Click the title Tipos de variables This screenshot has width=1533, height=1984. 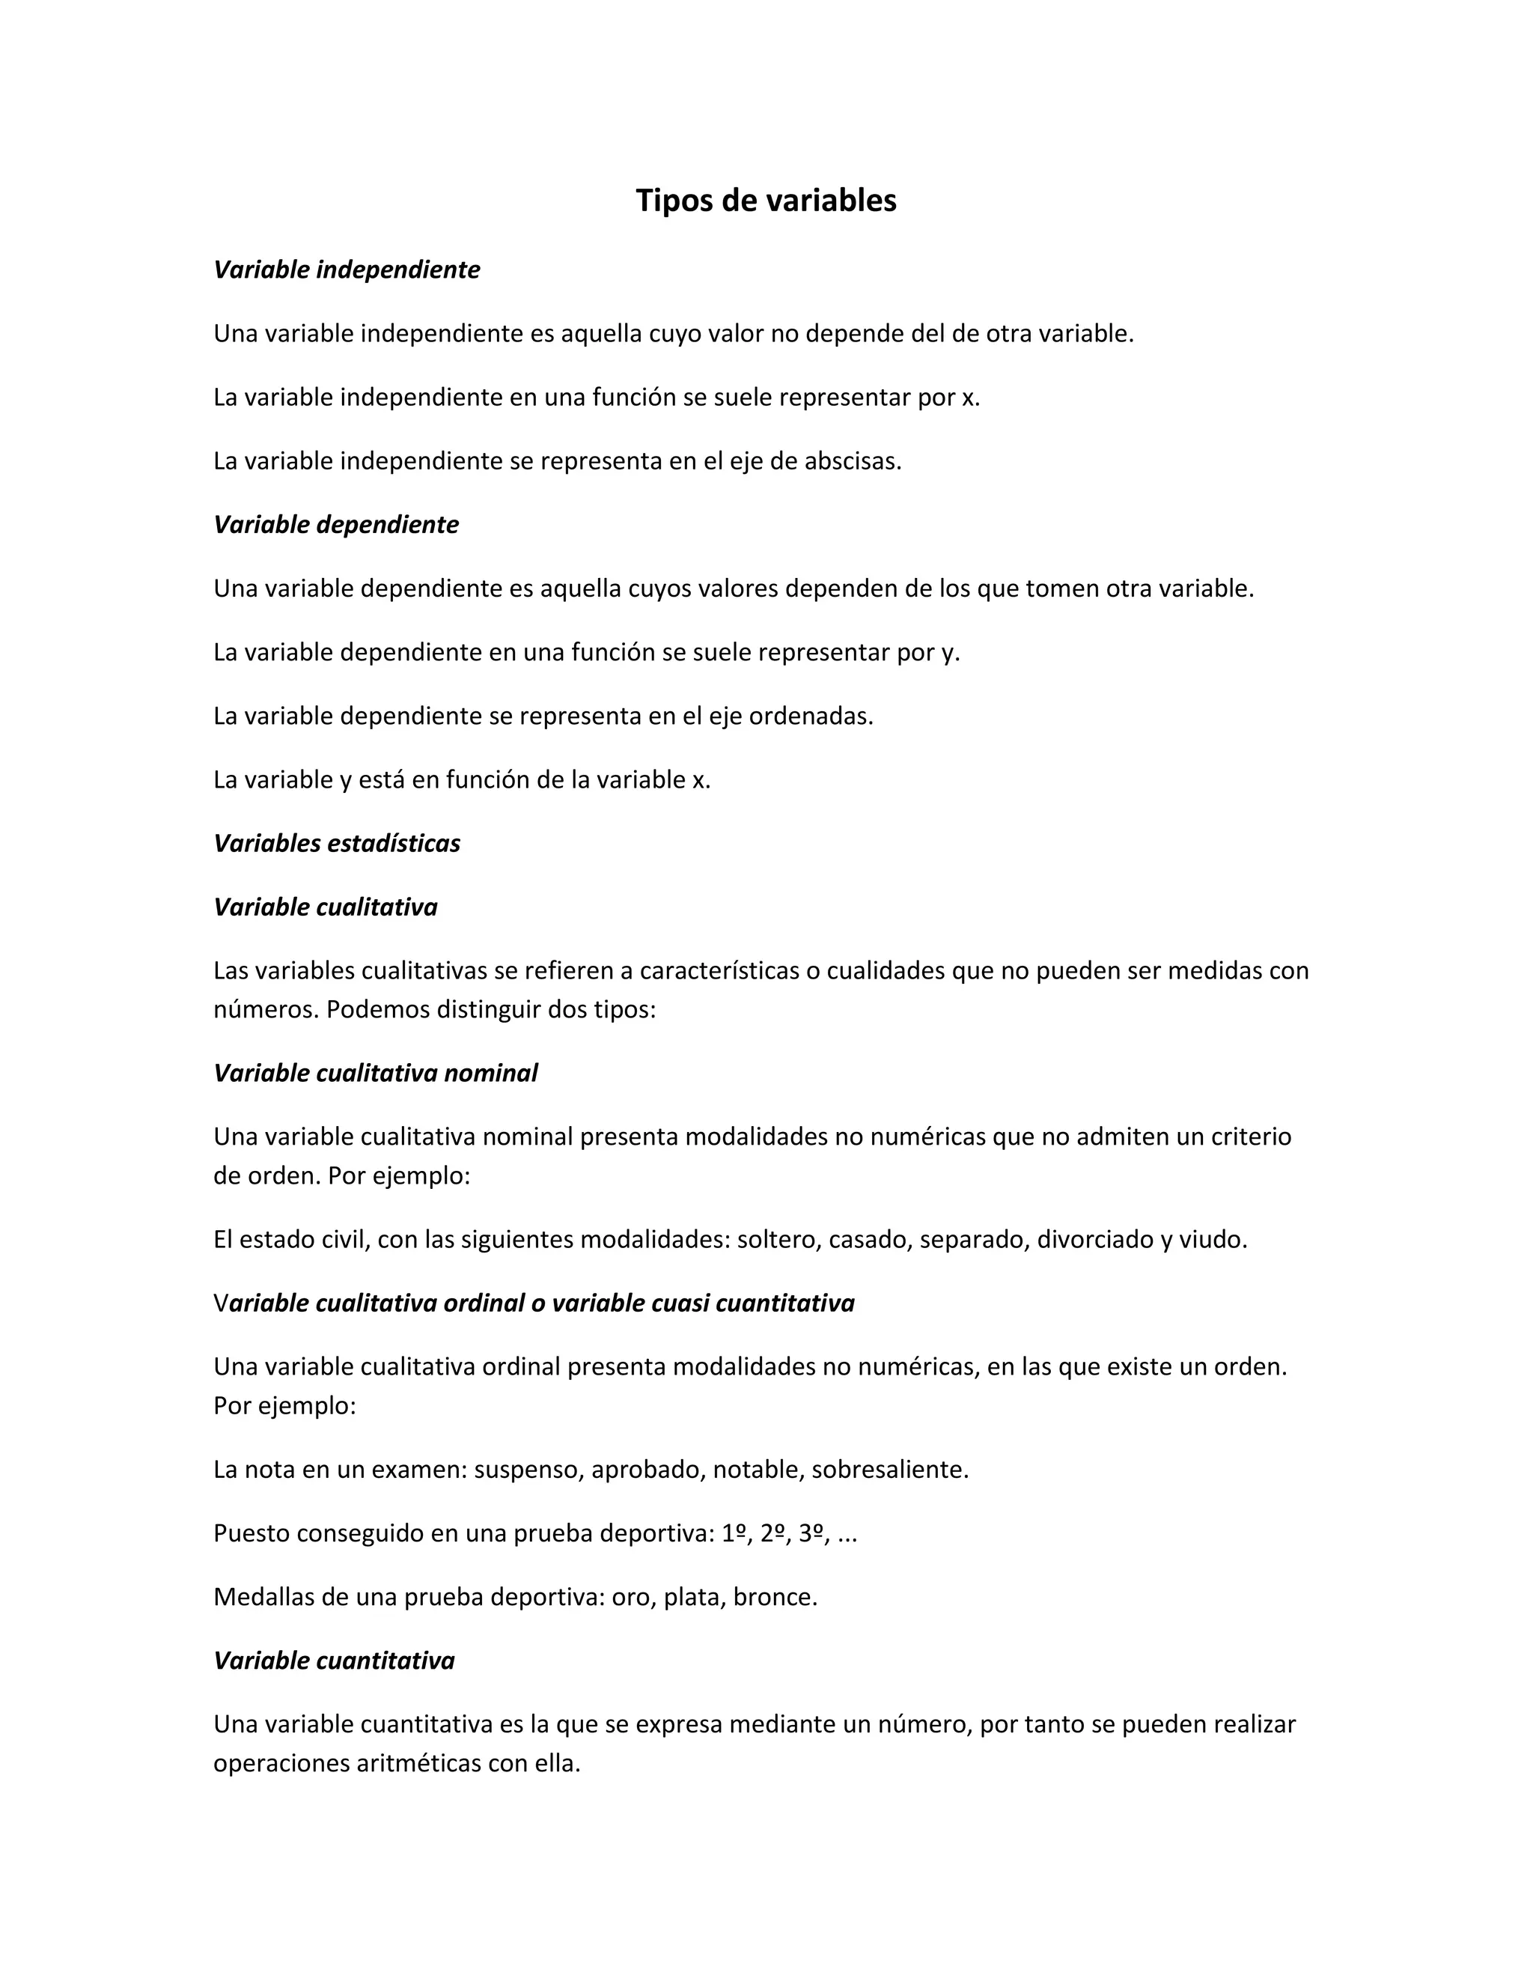click(766, 201)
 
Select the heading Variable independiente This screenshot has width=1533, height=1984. click(346, 270)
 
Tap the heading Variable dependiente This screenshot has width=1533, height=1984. click(336, 525)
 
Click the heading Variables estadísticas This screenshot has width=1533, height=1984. click(337, 844)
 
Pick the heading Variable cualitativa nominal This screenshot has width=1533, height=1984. click(375, 1074)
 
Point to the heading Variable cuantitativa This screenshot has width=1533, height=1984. click(334, 1661)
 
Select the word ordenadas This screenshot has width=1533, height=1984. click(811, 716)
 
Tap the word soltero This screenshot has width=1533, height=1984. click(776, 1240)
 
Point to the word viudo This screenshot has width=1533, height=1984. click(1213, 1240)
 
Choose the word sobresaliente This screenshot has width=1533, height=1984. click(890, 1470)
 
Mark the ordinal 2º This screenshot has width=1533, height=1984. click(772, 1533)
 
